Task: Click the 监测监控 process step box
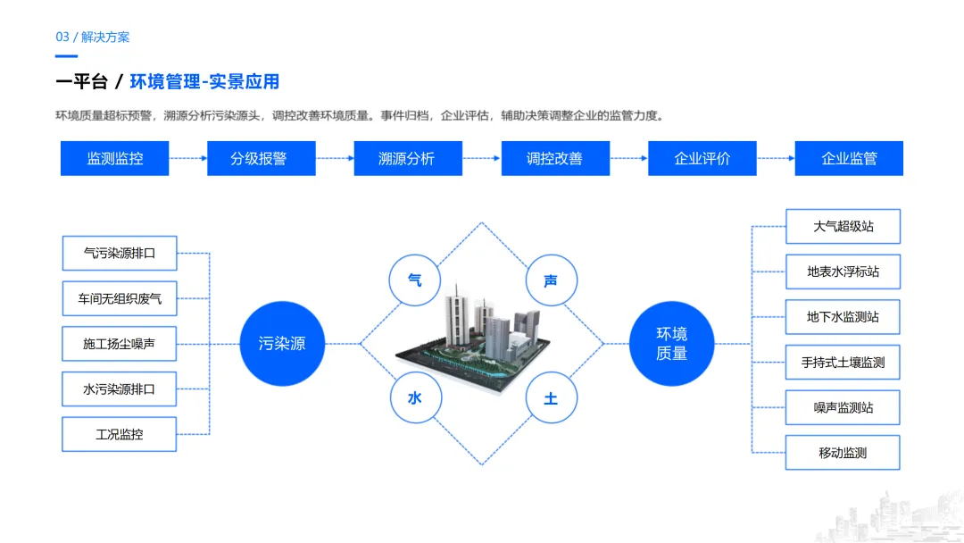(114, 158)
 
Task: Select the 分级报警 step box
(261, 158)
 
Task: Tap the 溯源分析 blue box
(407, 158)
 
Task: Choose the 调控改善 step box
(554, 158)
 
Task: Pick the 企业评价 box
(702, 158)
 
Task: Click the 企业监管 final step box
(849, 158)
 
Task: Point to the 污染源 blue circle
(281, 343)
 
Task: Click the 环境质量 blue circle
(671, 343)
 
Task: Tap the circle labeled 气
(414, 280)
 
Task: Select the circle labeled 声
(551, 280)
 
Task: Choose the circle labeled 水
(414, 398)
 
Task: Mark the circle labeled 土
(551, 398)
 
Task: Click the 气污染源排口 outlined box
(120, 253)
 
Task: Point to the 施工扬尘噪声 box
(120, 343)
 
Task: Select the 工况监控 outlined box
(120, 434)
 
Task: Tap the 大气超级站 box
(843, 226)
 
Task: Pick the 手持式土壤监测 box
(843, 362)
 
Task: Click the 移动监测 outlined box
(843, 453)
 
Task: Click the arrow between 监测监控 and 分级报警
(187, 158)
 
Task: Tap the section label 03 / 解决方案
(93, 37)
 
